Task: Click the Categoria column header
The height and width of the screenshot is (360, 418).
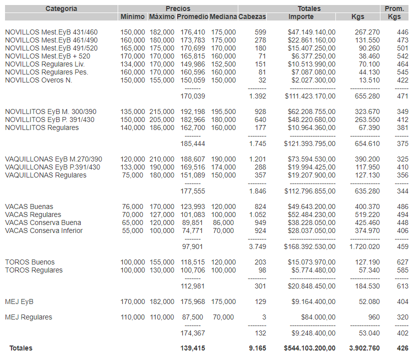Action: pos(61,8)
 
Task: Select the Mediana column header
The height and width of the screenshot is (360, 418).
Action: pos(223,17)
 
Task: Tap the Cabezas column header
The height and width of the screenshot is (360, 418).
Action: pos(252,17)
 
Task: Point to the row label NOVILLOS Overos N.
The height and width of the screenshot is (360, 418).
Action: pos(39,80)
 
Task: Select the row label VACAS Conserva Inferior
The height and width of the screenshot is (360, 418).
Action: pos(44,231)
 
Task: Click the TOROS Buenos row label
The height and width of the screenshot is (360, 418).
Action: pos(30,262)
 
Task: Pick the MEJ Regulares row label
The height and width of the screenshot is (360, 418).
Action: pos(29,317)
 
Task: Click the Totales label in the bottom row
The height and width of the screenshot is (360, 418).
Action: pos(21,348)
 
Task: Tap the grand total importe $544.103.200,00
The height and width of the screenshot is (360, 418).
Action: pos(309,348)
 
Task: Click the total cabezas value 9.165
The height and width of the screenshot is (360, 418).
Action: pos(257,348)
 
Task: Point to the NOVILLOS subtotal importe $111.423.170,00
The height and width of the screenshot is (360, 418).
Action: pos(310,96)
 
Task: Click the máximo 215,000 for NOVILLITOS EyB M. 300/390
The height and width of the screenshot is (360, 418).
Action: pos(162,112)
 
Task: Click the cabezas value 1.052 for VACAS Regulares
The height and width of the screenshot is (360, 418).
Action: pos(257,215)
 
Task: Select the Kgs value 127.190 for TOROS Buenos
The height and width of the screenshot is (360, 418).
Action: pos(367,262)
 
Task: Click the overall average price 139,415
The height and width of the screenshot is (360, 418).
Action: pos(193,348)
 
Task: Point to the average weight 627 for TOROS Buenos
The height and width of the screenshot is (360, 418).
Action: pos(402,262)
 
